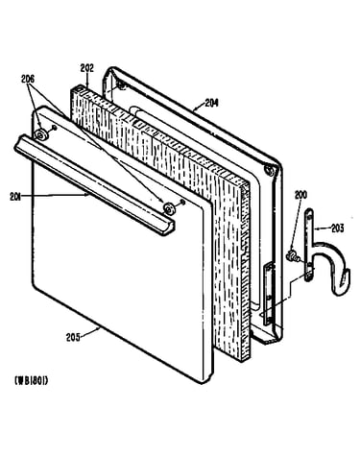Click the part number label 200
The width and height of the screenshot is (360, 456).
point(300,195)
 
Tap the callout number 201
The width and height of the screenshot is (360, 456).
point(15,197)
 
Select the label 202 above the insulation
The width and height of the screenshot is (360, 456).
point(86,68)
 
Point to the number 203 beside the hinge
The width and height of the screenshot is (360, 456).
point(337,228)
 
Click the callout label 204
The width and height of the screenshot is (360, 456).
point(211,103)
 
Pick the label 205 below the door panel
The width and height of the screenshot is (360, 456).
point(73,338)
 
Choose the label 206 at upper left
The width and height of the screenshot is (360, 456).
point(28,80)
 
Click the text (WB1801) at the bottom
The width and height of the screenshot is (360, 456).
point(32,380)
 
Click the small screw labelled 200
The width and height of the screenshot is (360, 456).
point(292,256)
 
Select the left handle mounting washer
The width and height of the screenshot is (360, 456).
point(41,135)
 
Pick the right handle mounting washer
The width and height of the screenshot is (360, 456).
point(168,208)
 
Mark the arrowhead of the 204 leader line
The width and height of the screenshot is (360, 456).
point(195,109)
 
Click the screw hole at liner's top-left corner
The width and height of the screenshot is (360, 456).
point(121,84)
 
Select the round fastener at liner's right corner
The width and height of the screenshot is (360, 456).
point(270,170)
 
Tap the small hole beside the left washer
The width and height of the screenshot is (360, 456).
point(55,128)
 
